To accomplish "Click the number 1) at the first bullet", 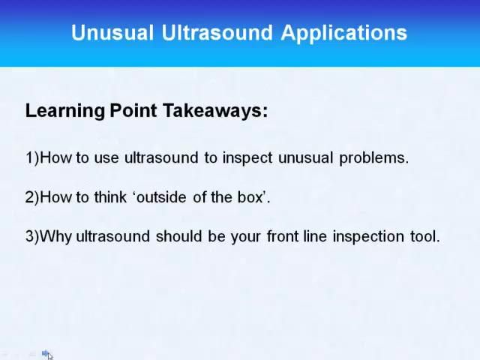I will pos(31,157).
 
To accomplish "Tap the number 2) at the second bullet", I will pos(31,197).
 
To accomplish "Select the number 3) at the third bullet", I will pos(31,236).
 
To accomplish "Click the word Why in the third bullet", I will pos(55,236).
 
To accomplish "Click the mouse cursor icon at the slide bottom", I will pos(48,355).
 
